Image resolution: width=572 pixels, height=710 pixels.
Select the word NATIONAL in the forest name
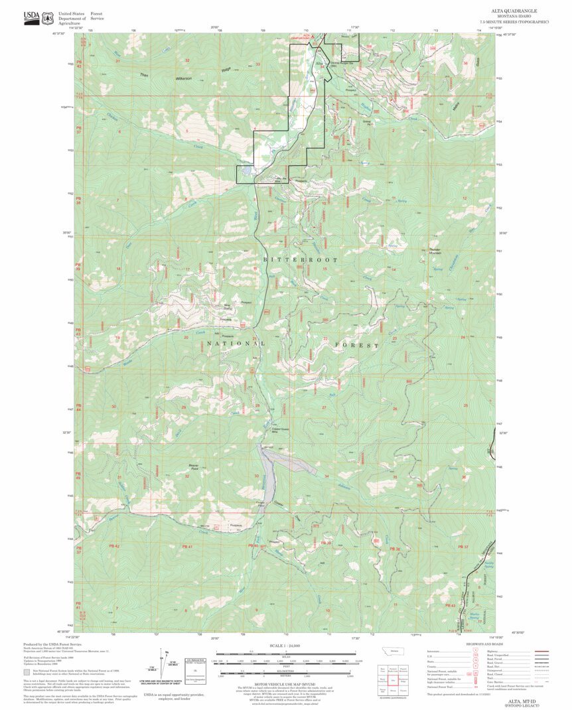236,344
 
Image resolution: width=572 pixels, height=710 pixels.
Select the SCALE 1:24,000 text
285,646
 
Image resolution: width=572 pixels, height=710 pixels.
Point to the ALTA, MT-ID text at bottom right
514,701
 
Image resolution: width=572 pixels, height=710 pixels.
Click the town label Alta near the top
318,62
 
